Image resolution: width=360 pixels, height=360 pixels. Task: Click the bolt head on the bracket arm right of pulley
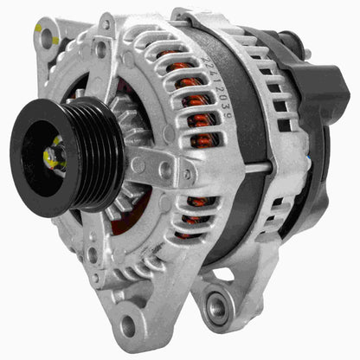(x=165, y=169)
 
